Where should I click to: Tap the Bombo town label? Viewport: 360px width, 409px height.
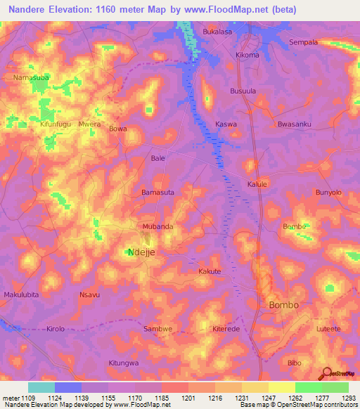(283, 305)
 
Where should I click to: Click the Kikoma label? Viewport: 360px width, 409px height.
(247, 55)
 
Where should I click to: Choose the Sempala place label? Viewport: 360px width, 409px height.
(304, 42)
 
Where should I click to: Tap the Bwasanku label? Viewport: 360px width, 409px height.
(294, 124)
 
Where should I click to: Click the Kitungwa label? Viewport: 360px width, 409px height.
(124, 363)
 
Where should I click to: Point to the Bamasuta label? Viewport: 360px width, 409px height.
(157, 192)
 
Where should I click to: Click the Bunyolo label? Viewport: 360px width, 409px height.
(328, 192)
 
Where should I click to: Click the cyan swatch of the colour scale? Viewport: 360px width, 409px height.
(41, 387)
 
